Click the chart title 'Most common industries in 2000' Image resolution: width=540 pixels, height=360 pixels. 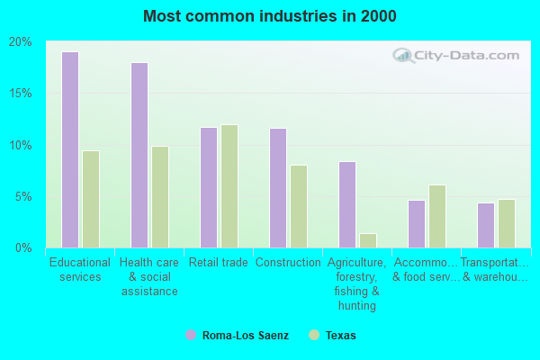269,16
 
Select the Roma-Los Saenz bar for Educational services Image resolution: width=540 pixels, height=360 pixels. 70,149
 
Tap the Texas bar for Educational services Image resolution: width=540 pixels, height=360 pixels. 91,199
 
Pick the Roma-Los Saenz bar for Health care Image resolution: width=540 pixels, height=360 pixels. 139,155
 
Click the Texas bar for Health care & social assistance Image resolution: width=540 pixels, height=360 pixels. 160,197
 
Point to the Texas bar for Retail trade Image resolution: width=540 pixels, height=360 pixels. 229,186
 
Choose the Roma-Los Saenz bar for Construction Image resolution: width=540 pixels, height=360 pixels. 278,188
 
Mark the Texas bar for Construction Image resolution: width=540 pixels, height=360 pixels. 299,206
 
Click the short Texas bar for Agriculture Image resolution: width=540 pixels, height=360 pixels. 368,240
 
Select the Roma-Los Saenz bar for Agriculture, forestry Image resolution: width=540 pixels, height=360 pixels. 347,204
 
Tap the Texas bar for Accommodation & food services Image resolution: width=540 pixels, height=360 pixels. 437,216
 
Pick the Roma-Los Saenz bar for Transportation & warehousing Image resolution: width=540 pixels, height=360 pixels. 486,225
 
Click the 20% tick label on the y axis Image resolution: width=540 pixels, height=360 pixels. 21,42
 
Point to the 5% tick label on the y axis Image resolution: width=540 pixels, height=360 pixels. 24,196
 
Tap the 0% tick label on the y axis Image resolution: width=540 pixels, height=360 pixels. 24,247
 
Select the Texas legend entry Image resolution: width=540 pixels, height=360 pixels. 332,335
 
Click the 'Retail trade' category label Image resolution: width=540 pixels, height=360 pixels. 219,263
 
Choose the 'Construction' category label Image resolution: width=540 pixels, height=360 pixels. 288,263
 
